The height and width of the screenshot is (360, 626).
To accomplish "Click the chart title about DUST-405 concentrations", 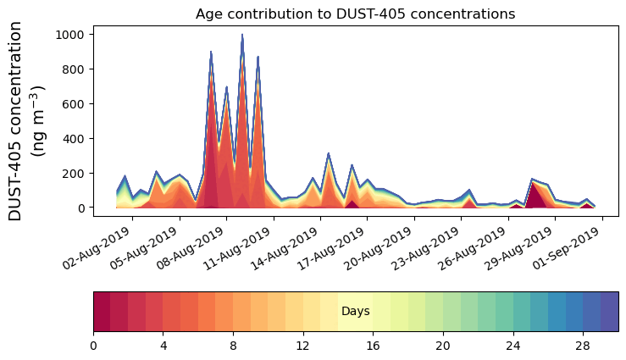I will pos(355,14).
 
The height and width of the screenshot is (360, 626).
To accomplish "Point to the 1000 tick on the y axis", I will pos(72,35).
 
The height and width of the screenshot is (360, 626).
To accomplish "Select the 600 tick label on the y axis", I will pos(75,104).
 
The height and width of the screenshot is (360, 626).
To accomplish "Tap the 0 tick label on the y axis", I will pos(82,208).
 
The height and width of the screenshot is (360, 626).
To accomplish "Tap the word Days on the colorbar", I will pos(355,312).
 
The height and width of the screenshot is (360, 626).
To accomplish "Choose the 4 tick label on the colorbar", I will pos(163,346).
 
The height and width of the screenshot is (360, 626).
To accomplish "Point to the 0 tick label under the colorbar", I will pos(93,346).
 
